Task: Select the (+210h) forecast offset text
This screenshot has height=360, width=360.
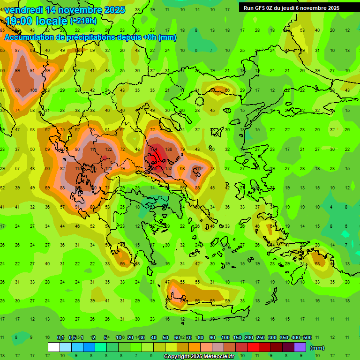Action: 83,21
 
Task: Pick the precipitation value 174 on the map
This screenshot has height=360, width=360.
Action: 153,149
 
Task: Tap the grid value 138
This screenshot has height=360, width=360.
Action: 168,149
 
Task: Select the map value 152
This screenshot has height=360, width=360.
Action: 168,168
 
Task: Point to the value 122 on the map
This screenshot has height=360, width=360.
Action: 108,149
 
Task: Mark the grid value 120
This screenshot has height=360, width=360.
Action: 108,168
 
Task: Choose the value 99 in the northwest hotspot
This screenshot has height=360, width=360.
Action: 17,71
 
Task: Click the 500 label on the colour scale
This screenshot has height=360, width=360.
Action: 307,337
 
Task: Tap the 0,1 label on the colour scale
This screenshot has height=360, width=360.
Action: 60,337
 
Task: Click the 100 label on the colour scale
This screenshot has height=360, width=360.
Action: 225,337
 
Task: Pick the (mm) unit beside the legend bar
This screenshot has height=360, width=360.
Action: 317,348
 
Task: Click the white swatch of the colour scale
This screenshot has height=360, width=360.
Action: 54,347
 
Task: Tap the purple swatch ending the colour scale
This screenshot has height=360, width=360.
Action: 300,347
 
